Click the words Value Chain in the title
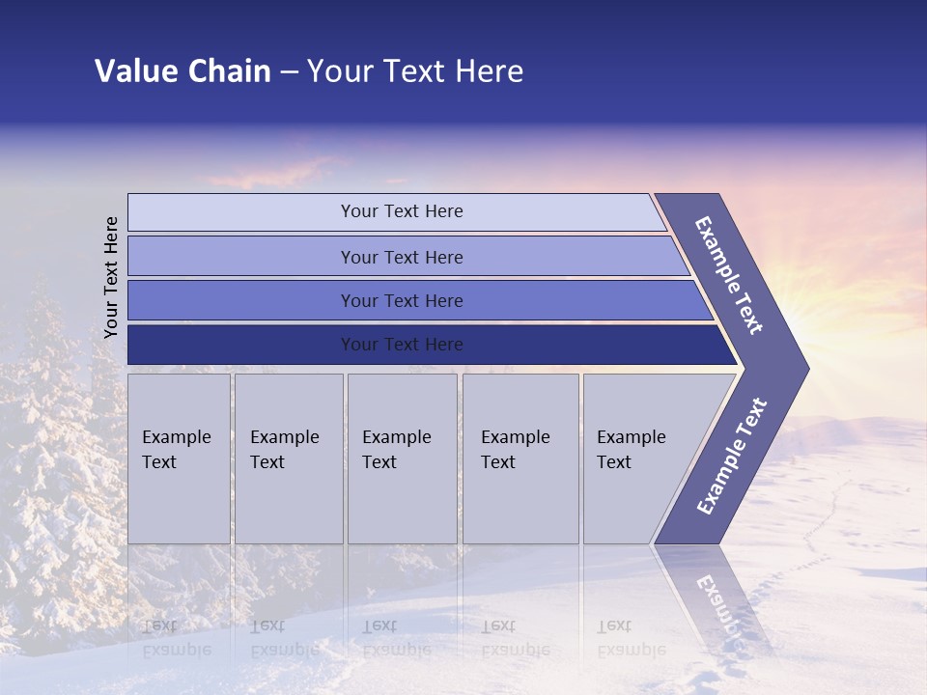[x=183, y=71]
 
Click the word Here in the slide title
[x=490, y=71]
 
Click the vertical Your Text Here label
[x=112, y=277]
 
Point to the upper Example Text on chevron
[x=729, y=275]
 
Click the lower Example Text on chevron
[x=731, y=457]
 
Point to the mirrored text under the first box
[x=177, y=637]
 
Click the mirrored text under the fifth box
[x=631, y=637]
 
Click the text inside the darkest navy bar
[x=402, y=345]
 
